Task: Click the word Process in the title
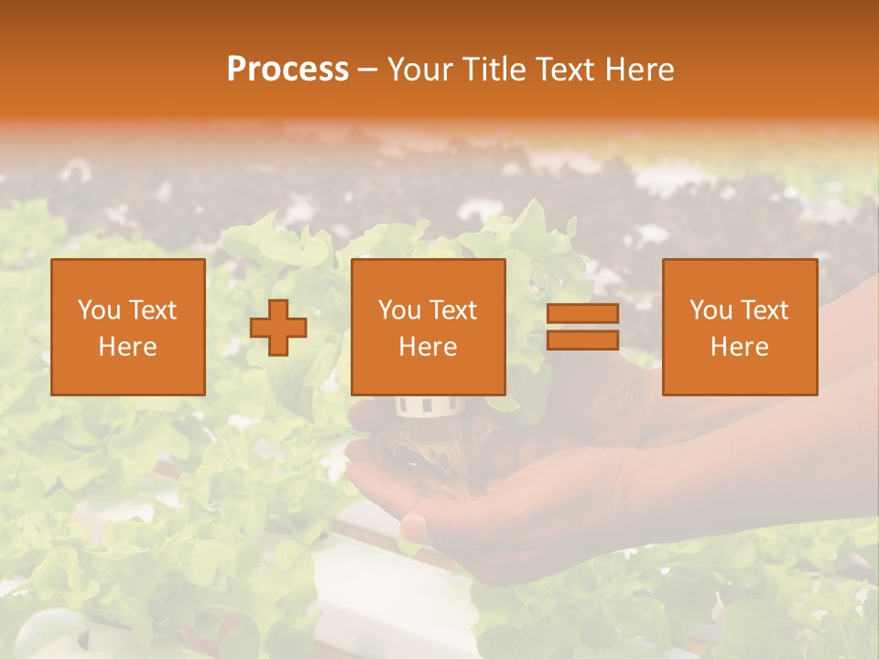[x=288, y=70]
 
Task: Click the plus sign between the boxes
[x=278, y=328]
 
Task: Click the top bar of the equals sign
[x=582, y=314]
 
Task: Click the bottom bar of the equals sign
[x=582, y=340]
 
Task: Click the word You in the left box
[x=99, y=310]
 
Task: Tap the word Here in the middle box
[x=429, y=347]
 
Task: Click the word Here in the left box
[x=128, y=347]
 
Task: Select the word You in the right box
[x=711, y=310]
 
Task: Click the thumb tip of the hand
[x=414, y=526]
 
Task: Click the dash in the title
[x=368, y=70]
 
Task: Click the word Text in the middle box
[x=454, y=310]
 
